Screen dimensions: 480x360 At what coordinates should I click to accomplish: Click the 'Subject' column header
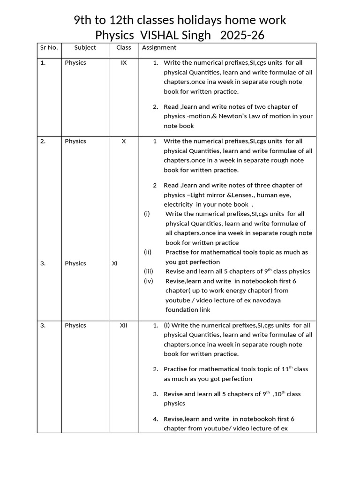(x=85, y=47)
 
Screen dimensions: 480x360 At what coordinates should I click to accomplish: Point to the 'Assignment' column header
(x=159, y=47)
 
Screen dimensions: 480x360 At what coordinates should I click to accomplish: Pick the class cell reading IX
(x=124, y=62)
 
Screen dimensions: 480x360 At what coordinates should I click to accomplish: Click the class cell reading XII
(x=123, y=325)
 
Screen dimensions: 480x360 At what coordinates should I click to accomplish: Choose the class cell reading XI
(x=115, y=263)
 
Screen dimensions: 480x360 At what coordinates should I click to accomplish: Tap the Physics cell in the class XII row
(x=75, y=325)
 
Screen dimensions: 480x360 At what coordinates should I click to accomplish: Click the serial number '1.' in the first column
(x=43, y=62)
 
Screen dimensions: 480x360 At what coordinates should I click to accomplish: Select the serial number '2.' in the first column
(x=43, y=141)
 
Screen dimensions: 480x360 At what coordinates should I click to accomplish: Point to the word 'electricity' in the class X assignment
(x=178, y=204)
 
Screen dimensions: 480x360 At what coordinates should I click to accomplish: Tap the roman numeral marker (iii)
(x=149, y=271)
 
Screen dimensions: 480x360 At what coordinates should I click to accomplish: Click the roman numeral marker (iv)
(x=149, y=281)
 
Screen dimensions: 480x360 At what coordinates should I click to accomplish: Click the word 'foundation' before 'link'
(x=181, y=310)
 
